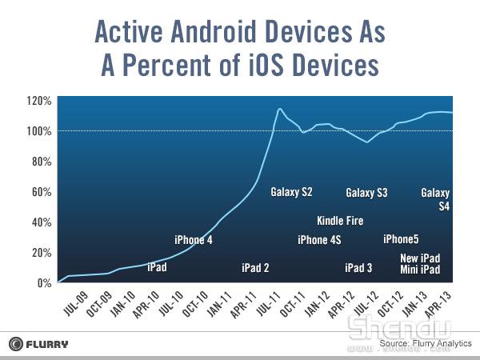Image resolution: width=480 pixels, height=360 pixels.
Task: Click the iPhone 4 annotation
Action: pyautogui.click(x=194, y=240)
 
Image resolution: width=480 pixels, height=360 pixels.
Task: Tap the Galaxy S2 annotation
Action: pyautogui.click(x=291, y=192)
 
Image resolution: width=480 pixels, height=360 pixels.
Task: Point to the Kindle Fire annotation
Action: pyautogui.click(x=340, y=221)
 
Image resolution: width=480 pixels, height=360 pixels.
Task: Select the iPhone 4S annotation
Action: pyautogui.click(x=319, y=240)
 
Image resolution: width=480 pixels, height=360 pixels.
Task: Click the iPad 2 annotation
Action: pyautogui.click(x=255, y=268)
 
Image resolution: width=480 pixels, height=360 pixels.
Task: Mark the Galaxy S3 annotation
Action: pyautogui.click(x=366, y=193)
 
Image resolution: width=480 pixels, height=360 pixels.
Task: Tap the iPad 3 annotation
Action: pyautogui.click(x=358, y=268)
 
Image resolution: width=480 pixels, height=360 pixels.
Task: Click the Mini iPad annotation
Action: pyautogui.click(x=420, y=270)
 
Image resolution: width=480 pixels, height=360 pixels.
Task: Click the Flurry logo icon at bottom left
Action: pyautogui.click(x=16, y=344)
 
